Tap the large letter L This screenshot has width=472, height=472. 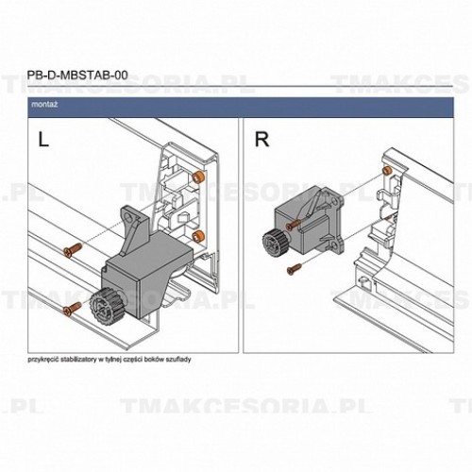coord(42,142)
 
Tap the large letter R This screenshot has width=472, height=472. coord(262,142)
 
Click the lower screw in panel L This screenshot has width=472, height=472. coord(68,309)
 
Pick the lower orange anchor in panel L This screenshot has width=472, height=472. coord(197,234)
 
